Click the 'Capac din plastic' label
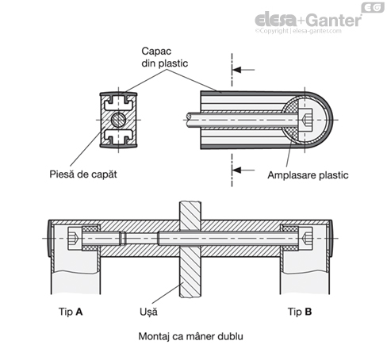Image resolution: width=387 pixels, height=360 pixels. coord(164,57)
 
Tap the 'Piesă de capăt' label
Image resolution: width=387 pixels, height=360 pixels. coord(83,174)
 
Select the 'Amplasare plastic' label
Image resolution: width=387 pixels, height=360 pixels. coord(308,175)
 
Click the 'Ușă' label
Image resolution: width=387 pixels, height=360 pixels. coord(148,312)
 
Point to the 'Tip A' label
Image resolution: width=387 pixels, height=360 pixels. coord(71,312)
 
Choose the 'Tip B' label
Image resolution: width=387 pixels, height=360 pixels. coord(300,312)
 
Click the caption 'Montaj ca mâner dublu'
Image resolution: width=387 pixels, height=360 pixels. coord(190,336)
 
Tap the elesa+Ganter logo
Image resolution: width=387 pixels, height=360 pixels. coord(308,20)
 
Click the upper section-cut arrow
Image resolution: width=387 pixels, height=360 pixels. coord(243,70)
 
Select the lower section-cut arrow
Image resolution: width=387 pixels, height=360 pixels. coord(243,170)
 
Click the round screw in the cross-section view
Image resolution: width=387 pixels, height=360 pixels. coord(118,120)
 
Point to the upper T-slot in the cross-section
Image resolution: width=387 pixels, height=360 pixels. coord(118,103)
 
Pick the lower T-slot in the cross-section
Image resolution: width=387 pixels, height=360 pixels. coord(118,136)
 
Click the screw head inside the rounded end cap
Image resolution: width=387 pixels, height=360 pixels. coord(305,120)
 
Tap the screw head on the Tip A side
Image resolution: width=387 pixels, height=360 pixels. coord(75,239)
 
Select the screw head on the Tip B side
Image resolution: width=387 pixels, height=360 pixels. coord(305,239)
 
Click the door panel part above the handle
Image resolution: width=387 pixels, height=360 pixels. coord(190,211)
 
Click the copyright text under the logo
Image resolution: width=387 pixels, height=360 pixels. coord(298,31)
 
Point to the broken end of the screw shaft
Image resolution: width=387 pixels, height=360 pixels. coord(189,120)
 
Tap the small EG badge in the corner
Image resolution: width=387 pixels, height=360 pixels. coord(373,7)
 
